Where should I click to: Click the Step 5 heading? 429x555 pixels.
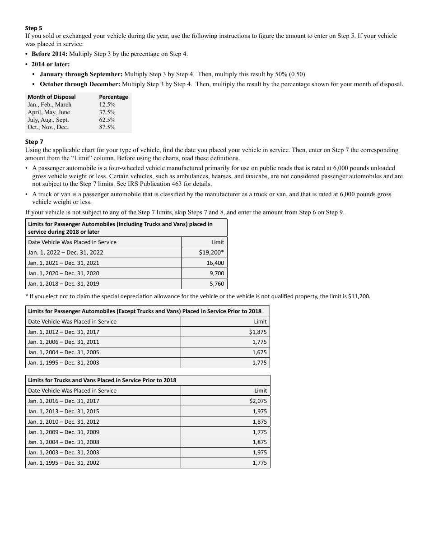pos(34,28)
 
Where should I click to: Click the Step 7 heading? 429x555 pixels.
pos(34,142)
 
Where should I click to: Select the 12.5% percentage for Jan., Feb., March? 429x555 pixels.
pos(107,105)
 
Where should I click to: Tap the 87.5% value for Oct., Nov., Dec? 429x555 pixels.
pos(107,127)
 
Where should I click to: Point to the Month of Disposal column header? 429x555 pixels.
pos(51,97)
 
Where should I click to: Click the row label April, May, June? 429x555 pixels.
pos(49,112)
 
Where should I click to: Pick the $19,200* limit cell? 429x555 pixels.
pos(211,253)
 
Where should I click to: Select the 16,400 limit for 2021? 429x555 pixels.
pos(215,263)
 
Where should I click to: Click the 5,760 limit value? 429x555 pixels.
pos(217,284)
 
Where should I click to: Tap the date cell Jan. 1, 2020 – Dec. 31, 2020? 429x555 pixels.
pos(64,273)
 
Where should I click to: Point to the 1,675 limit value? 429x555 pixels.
pos(259,352)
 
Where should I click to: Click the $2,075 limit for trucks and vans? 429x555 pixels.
pos(258,401)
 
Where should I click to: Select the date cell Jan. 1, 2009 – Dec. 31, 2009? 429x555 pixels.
pos(64,432)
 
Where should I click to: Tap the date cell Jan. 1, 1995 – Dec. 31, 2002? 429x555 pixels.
pos(64,463)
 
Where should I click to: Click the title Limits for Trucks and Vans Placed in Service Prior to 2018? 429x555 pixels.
pos(102,380)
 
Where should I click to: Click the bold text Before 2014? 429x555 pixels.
pos(49,54)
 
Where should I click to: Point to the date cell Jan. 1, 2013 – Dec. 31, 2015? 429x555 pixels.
pos(64,412)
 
